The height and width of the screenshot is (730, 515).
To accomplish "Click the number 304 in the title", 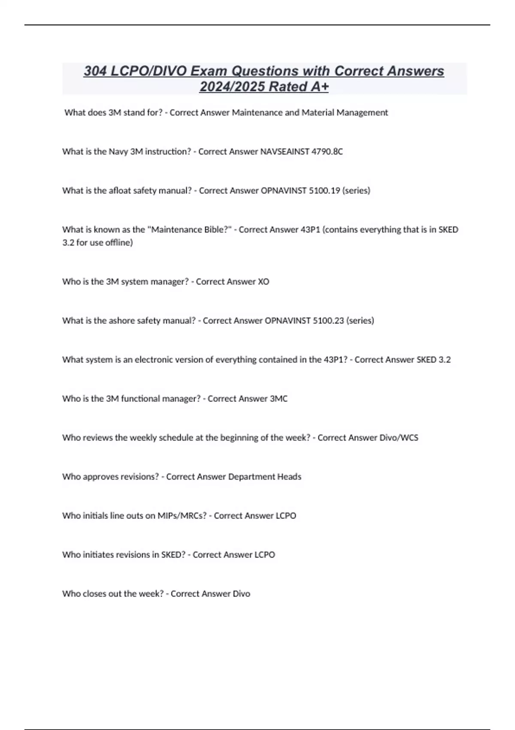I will coord(95,71).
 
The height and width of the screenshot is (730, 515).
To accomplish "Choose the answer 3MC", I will coord(279,399).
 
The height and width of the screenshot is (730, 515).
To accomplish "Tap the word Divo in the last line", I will coord(241,594).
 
